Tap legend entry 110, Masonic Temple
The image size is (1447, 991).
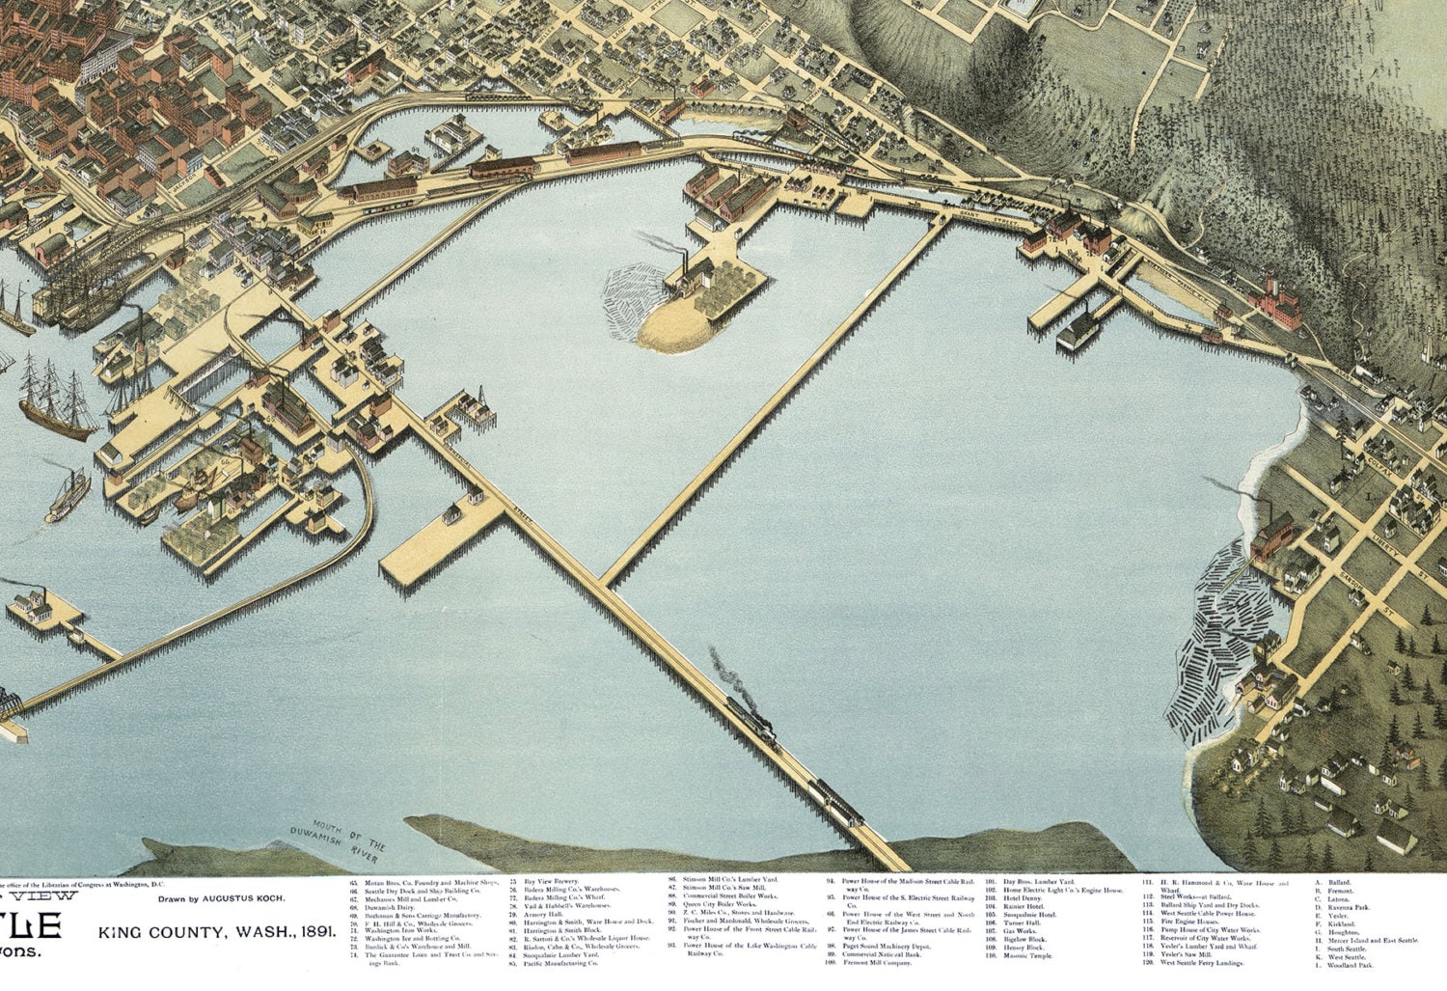(x=1026, y=955)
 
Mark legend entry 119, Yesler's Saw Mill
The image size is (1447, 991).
(x=1186, y=954)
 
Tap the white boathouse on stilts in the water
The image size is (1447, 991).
(x=1078, y=333)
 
